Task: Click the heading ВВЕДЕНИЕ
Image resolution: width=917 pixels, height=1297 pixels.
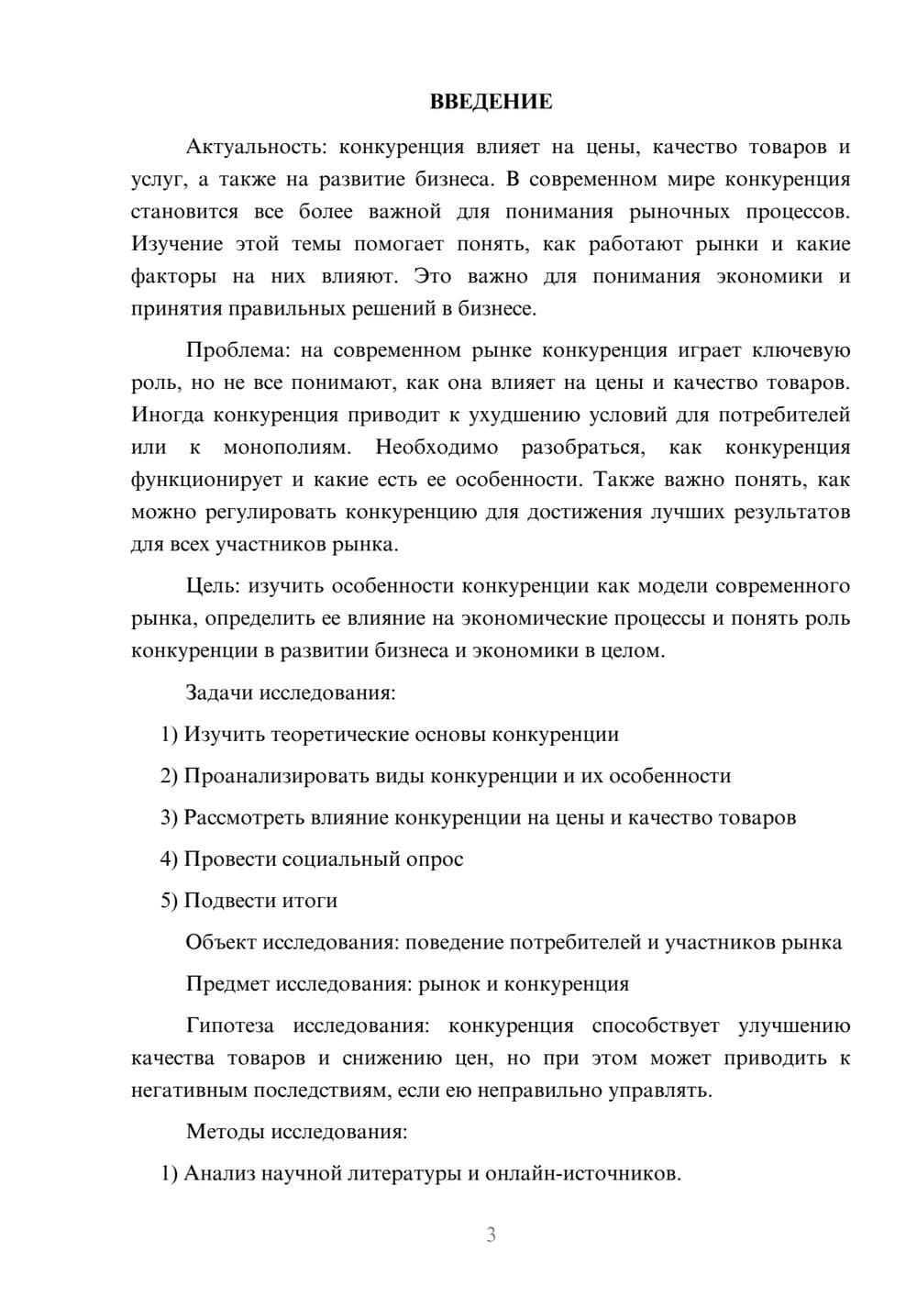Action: (x=491, y=102)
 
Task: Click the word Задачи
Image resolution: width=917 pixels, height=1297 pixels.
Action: (x=219, y=692)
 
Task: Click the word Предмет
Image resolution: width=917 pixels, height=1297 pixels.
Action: (x=227, y=983)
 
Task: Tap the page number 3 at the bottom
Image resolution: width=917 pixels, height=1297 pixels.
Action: (x=491, y=1235)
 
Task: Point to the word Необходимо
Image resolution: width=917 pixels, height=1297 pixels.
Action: (x=436, y=448)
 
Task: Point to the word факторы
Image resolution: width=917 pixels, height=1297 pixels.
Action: (x=173, y=276)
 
